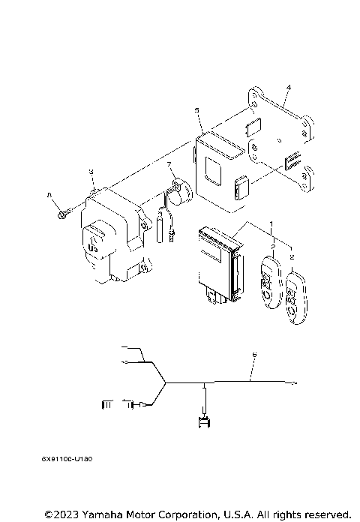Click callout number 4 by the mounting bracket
(288, 88)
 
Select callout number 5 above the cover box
(196, 110)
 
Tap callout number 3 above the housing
(91, 172)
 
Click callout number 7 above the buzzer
(169, 163)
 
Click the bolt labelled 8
(61, 214)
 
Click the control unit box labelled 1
(217, 262)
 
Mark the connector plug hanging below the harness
(203, 422)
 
